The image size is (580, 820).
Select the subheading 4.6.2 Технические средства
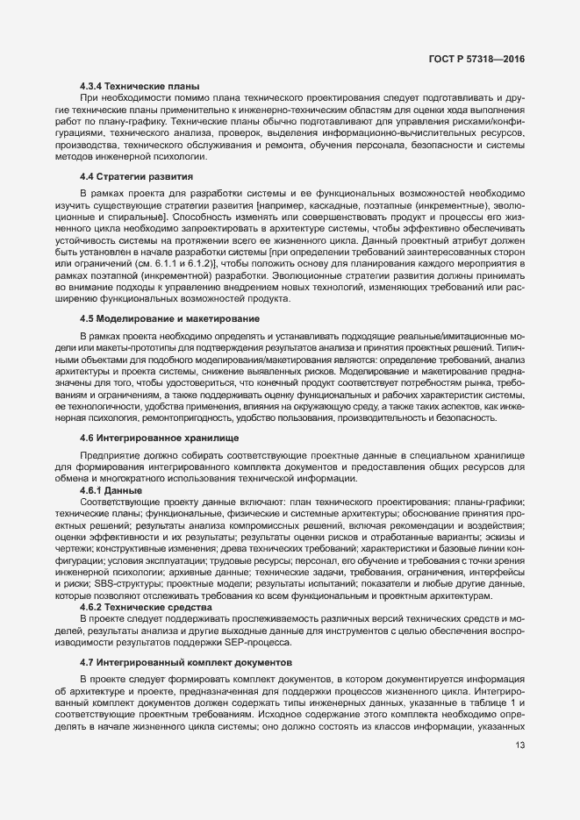pyautogui.click(x=145, y=607)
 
